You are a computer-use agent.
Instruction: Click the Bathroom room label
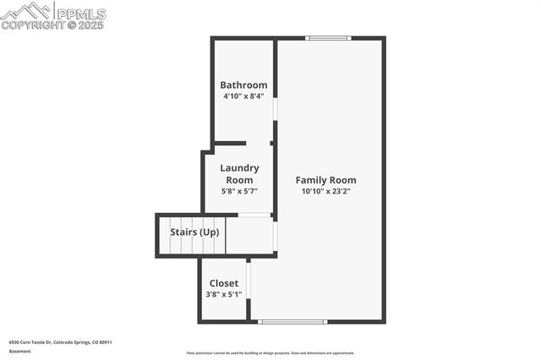coord(243,85)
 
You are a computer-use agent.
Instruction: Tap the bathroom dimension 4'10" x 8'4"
coord(243,95)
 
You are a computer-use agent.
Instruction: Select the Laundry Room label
coord(240,174)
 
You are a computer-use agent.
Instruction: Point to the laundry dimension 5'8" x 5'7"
coord(240,191)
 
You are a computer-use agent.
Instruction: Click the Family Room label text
coord(325,180)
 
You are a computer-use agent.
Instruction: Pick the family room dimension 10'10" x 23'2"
coord(325,191)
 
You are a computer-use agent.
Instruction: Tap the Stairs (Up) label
coord(194,232)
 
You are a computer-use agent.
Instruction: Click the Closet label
coord(224,283)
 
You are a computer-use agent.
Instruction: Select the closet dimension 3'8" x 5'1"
coord(224,294)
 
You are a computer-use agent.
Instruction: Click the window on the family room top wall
coord(328,38)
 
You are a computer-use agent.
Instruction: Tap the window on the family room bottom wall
coord(292,321)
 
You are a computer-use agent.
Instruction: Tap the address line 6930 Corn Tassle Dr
coord(60,342)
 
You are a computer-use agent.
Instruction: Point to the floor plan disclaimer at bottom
coord(270,353)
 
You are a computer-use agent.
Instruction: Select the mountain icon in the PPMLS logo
coord(25,11)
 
